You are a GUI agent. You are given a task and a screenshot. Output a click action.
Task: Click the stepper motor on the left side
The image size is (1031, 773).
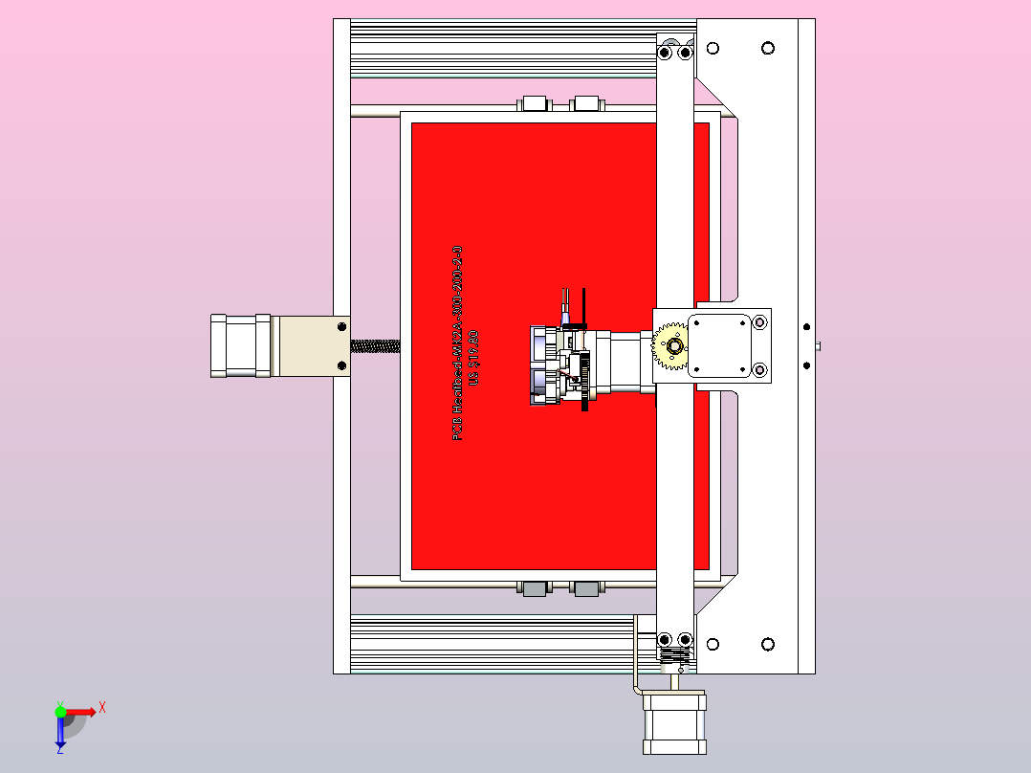click(x=240, y=346)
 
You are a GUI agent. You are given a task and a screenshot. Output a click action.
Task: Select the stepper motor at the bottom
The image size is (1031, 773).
click(x=674, y=721)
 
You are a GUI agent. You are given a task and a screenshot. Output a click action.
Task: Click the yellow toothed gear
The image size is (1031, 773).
click(x=670, y=347)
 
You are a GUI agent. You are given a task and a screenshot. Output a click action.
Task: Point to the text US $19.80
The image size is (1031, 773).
click(x=472, y=358)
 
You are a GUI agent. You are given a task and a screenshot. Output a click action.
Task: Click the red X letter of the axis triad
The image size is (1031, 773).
click(x=102, y=707)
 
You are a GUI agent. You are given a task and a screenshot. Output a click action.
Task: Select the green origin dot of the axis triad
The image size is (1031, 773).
click(x=61, y=712)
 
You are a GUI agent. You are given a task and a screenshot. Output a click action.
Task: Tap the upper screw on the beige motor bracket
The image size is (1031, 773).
click(x=341, y=327)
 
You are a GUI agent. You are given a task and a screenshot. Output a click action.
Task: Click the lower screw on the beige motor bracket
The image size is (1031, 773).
click(x=341, y=365)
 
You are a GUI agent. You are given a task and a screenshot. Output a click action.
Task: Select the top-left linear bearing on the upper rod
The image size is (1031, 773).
click(x=533, y=103)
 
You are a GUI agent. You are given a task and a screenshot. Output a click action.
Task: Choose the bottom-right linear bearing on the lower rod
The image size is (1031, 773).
click(x=585, y=587)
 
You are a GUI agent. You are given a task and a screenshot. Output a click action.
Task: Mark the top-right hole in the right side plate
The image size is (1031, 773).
click(x=767, y=48)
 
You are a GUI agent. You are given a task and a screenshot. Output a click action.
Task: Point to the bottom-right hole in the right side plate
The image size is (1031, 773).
click(x=767, y=644)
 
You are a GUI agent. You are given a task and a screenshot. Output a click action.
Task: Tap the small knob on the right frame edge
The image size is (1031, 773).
click(x=819, y=345)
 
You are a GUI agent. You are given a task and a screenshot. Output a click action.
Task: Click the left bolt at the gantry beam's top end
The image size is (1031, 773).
click(x=666, y=53)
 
